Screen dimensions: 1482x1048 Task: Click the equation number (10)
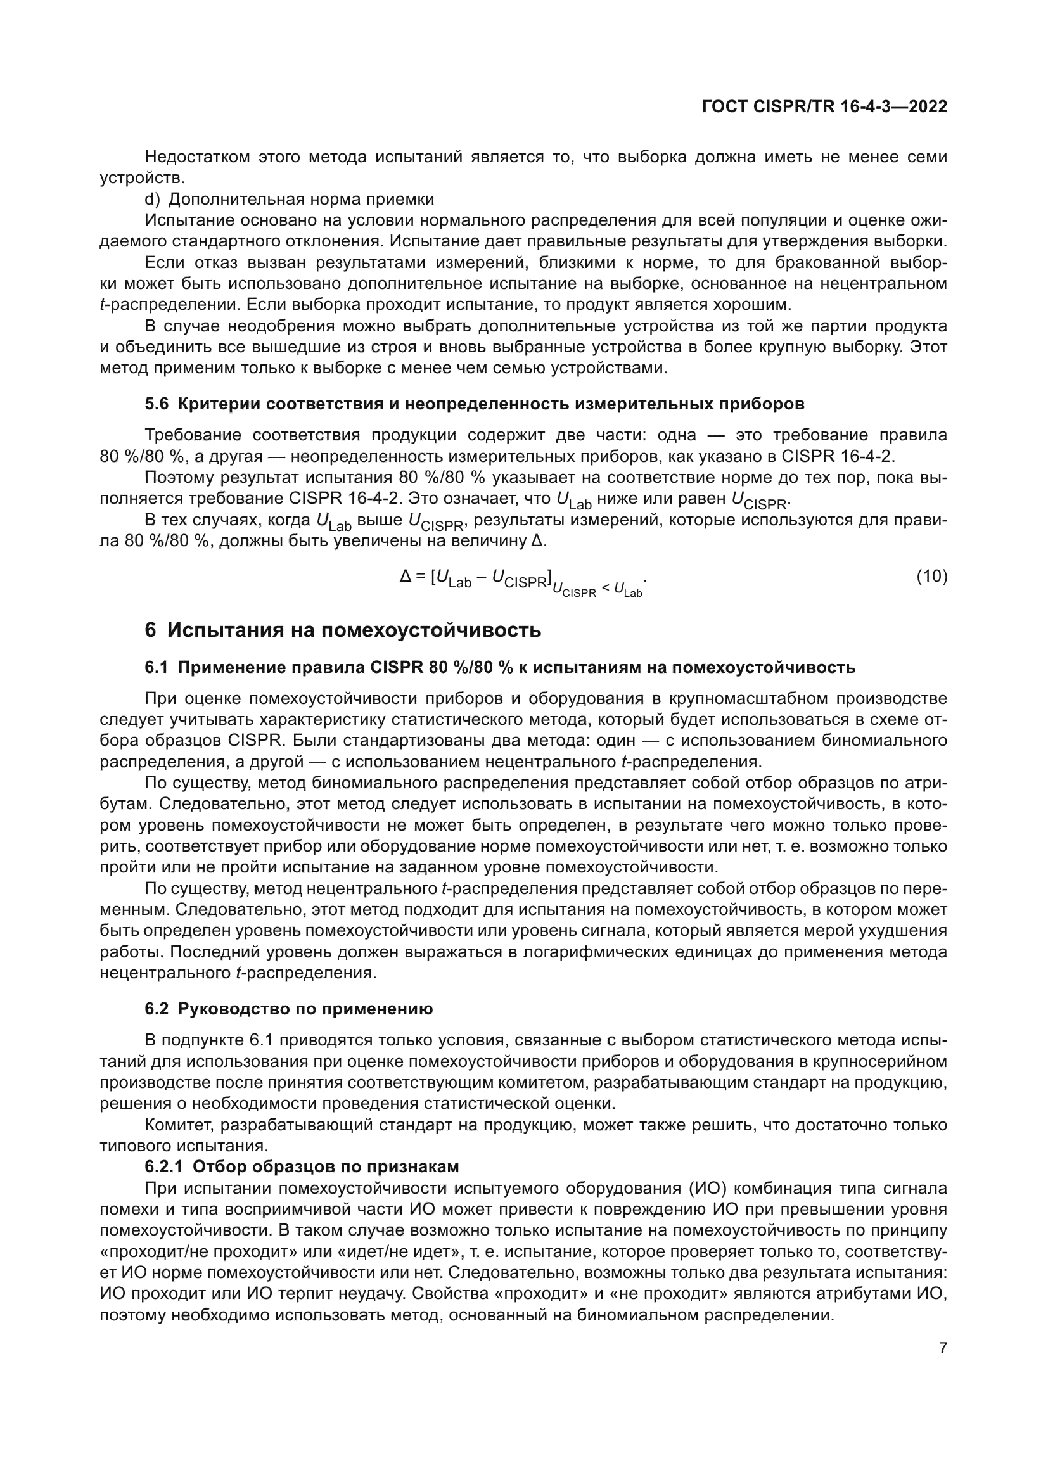[932, 577]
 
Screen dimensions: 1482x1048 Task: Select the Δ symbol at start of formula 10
[406, 577]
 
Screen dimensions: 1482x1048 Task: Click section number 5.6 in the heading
[156, 404]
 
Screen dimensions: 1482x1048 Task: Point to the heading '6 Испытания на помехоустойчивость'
[343, 630]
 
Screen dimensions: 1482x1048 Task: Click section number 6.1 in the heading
[156, 667]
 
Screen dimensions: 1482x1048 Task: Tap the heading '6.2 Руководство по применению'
[288, 1009]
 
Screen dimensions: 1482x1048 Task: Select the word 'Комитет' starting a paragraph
[178, 1125]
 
